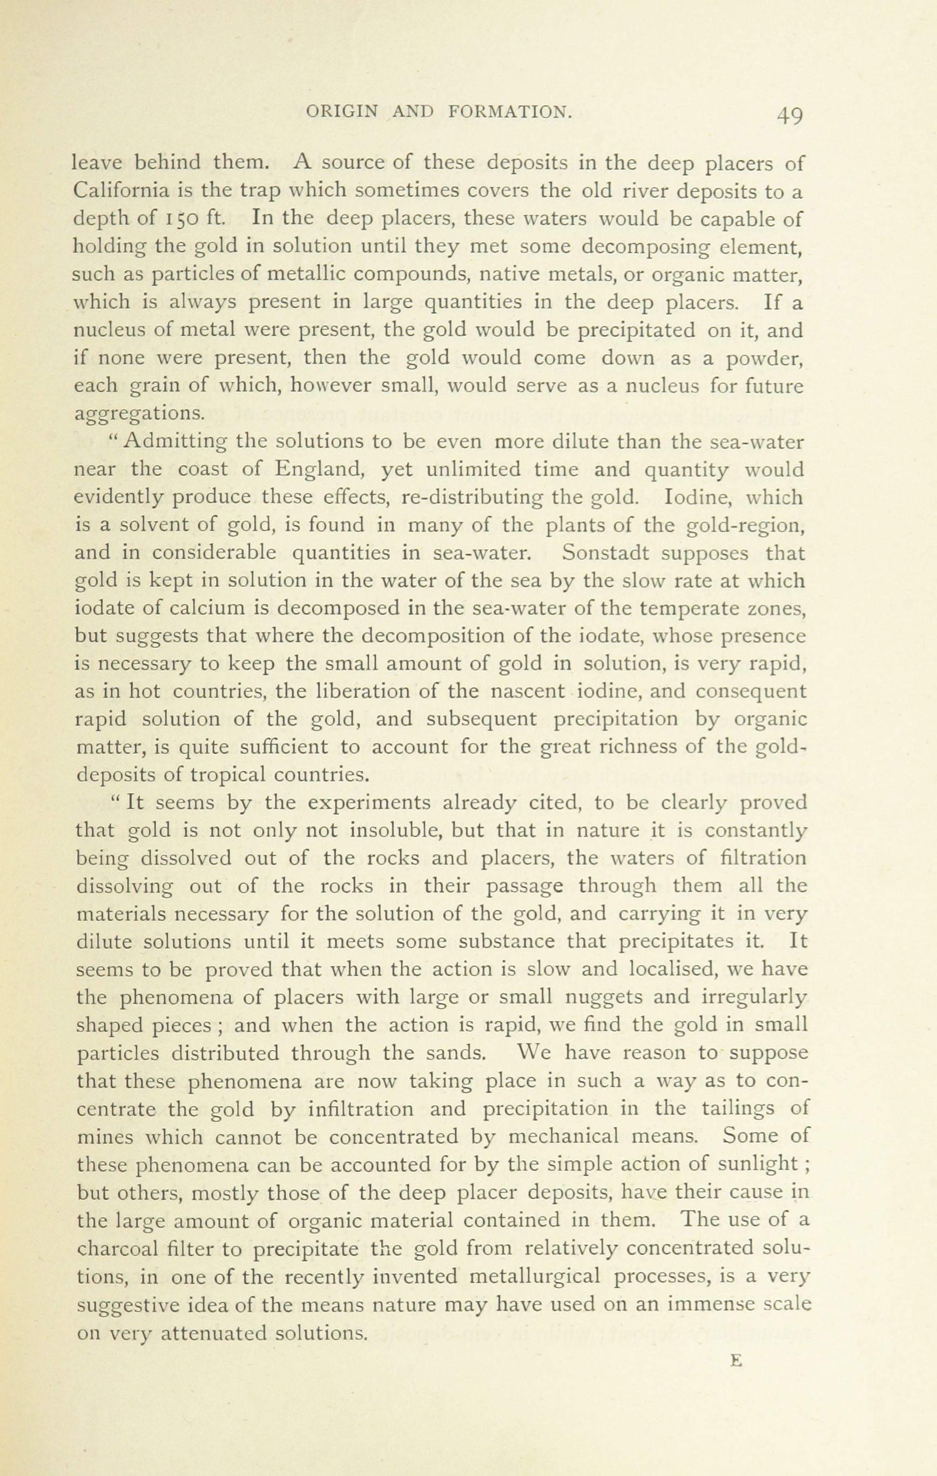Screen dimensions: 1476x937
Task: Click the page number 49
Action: click(x=789, y=114)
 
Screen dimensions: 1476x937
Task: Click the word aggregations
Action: click(x=139, y=415)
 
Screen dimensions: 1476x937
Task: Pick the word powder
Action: click(x=764, y=358)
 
